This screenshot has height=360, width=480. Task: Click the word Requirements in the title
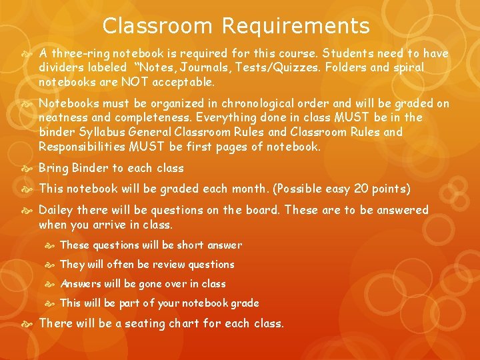click(295, 26)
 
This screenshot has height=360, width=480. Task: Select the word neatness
click(62, 117)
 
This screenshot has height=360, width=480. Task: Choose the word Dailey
click(56, 210)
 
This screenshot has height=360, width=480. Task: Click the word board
click(260, 210)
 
